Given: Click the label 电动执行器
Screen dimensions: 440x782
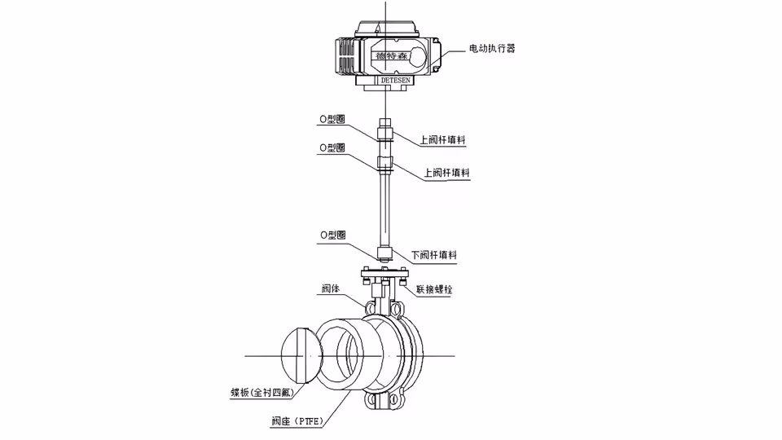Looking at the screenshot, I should [492, 49].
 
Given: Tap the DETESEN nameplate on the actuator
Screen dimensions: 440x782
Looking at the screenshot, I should [397, 81].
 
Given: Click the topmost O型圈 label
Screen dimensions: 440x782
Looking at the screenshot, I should [332, 119].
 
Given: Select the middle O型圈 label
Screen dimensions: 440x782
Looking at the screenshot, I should [332, 147].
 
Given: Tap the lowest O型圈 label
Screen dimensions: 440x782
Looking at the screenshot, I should [332, 234].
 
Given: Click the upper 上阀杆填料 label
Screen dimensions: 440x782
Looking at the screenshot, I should [443, 140].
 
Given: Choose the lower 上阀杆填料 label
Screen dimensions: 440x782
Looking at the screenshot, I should [447, 174].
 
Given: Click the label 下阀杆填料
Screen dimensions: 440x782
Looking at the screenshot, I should [433, 255].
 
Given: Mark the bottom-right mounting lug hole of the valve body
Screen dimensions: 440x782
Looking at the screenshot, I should [400, 401].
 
